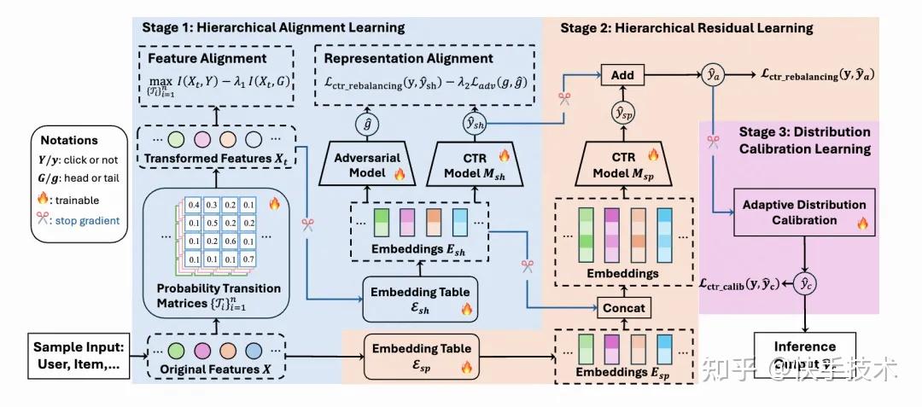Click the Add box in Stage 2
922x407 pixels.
pyautogui.click(x=622, y=75)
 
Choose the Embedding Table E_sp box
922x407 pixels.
pyautogui.click(x=418, y=357)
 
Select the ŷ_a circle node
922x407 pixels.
pyautogui.click(x=714, y=76)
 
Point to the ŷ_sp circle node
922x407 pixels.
pyautogui.click(x=622, y=112)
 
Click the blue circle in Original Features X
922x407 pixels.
pyautogui.click(x=254, y=350)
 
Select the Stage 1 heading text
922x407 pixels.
pyautogui.click(x=271, y=27)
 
